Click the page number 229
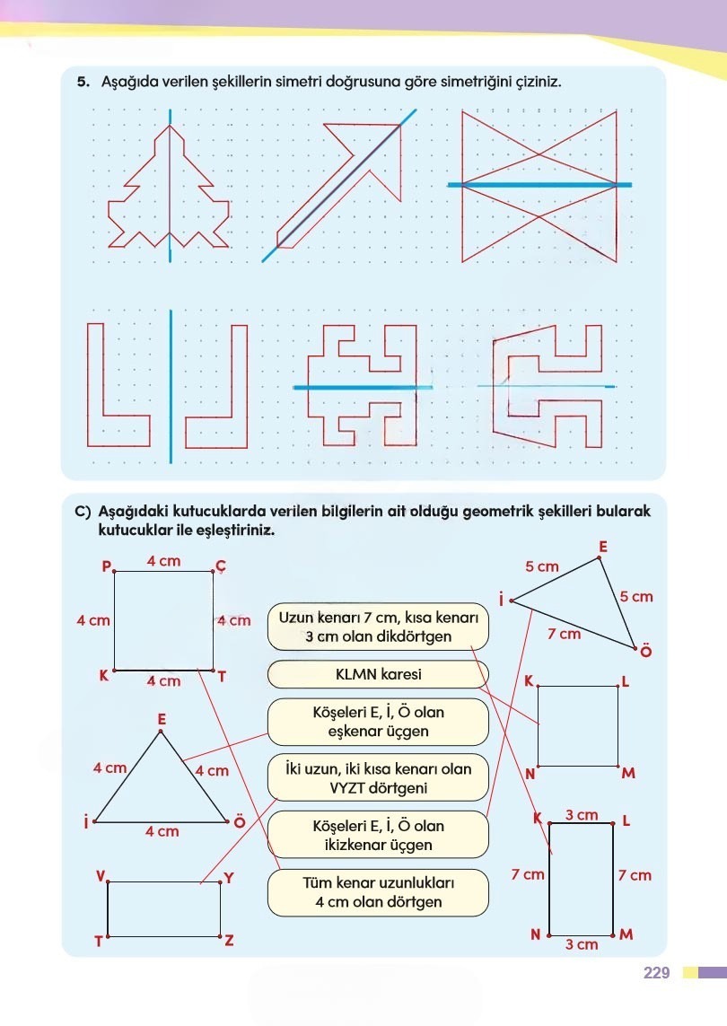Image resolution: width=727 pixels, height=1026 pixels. pos(657,972)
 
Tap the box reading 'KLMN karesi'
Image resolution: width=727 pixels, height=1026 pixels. pos(377,674)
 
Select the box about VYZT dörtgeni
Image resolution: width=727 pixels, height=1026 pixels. pos(377,778)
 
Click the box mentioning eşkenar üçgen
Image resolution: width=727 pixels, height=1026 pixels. pos(377,722)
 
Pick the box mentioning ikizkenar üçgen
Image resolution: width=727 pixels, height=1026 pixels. pos(377,835)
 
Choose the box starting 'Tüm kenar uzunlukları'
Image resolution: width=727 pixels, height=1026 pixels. pos(377,891)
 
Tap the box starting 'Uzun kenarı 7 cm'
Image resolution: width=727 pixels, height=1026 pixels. pos(377,627)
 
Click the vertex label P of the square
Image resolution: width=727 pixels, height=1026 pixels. pos(106,566)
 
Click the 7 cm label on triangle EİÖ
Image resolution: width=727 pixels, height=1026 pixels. pos(564,635)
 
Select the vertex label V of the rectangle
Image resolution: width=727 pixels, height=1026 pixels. pos(101,874)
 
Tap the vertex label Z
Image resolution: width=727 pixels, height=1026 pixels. pos(229,941)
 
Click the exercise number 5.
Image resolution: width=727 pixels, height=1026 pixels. pos(83,82)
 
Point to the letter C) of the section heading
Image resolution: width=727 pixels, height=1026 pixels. pos(83,511)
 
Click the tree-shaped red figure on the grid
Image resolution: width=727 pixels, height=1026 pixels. pos(169,193)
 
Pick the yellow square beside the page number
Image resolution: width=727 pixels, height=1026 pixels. pos(689,972)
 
